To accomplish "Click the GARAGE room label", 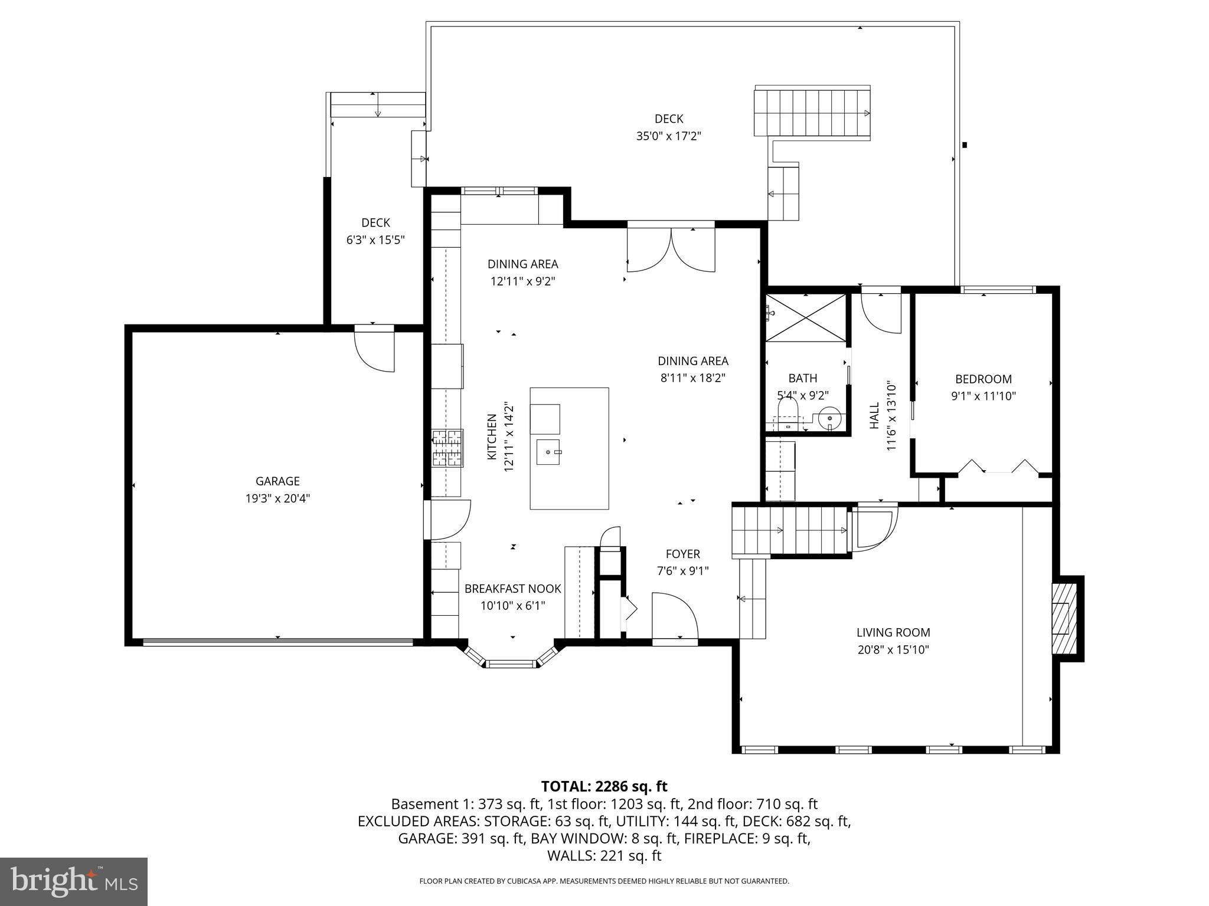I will (x=277, y=481).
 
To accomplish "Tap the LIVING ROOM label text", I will (x=893, y=632).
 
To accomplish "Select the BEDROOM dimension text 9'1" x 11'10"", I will (x=983, y=396).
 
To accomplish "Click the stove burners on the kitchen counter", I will (x=447, y=449).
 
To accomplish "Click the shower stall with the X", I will (x=806, y=317).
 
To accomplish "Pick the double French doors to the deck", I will (x=671, y=250).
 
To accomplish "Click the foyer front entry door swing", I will (x=675, y=616).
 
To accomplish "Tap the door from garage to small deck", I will (x=374, y=351).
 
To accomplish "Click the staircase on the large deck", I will (x=813, y=112).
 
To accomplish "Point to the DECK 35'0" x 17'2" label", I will (x=668, y=127).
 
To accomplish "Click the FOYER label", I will (x=682, y=554).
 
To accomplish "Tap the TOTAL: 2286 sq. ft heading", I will (x=604, y=786).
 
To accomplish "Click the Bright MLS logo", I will (x=74, y=881).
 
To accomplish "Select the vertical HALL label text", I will (x=874, y=416).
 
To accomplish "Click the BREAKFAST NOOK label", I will (x=512, y=589).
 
